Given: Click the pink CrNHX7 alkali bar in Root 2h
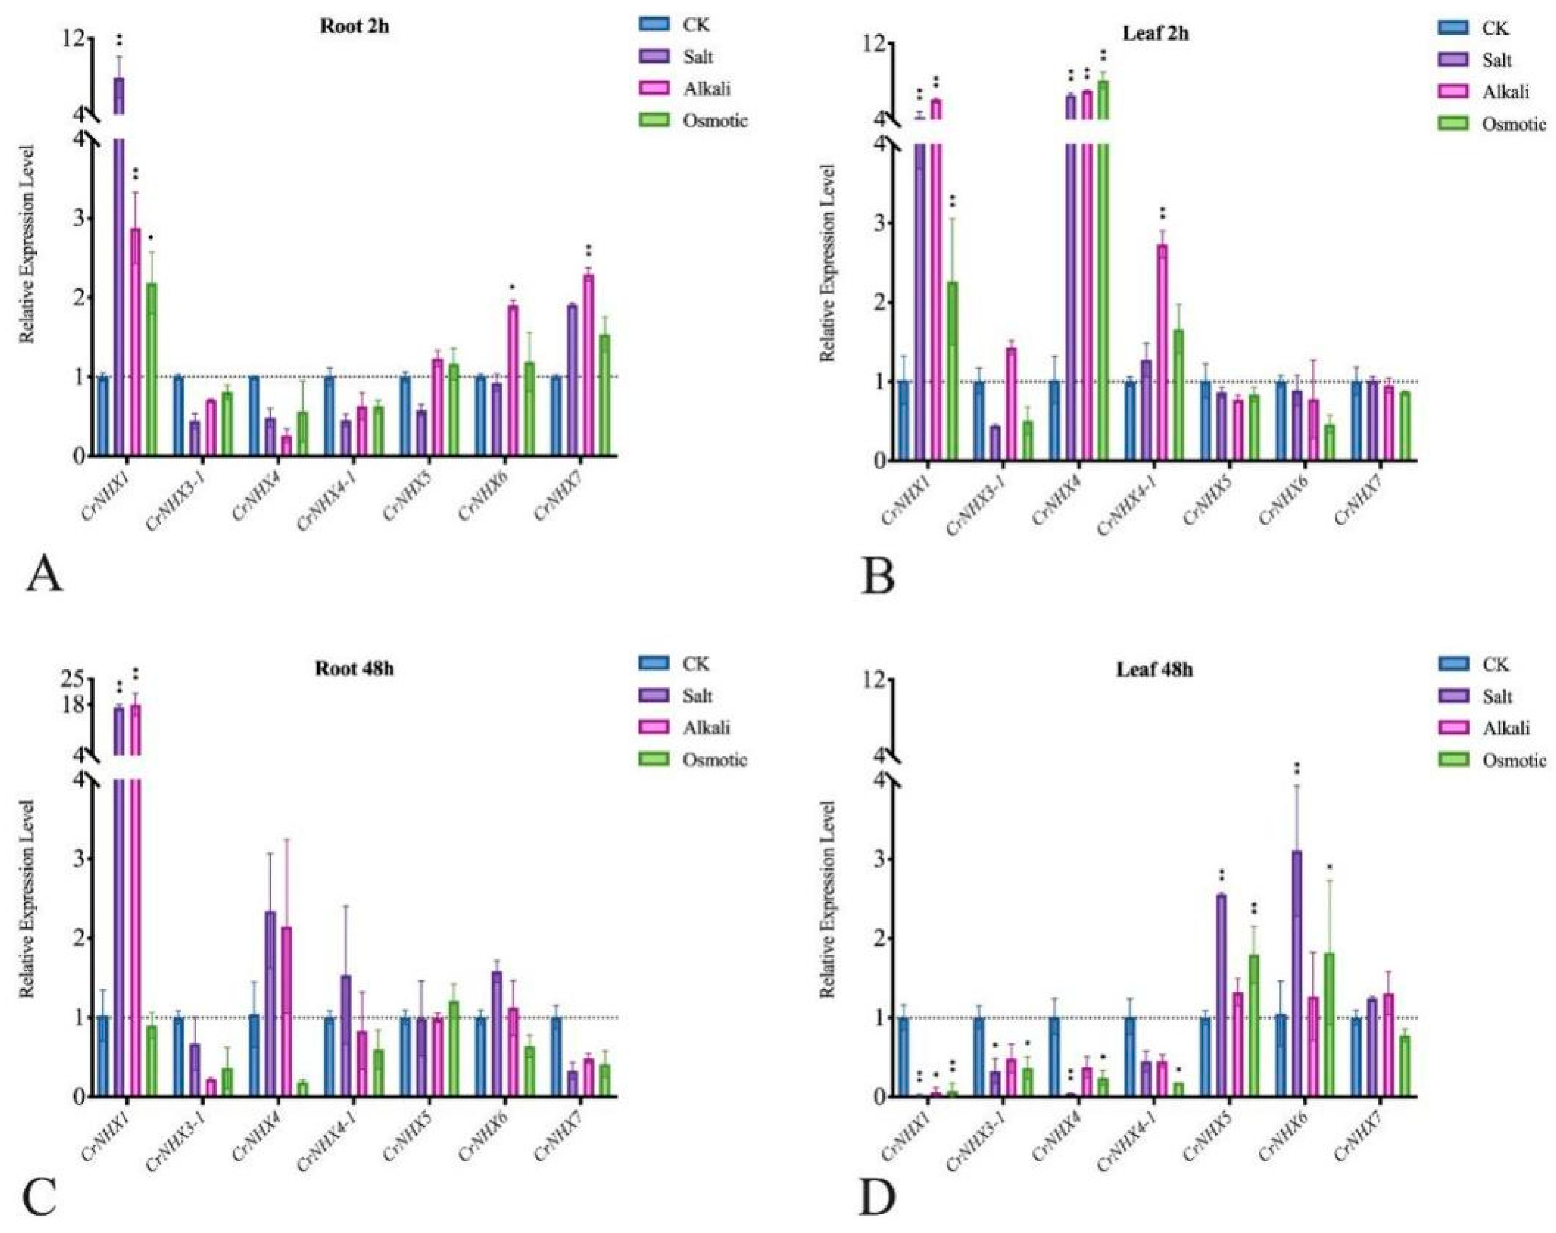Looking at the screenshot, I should click(x=588, y=364).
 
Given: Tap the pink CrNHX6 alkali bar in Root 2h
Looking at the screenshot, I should click(x=513, y=380).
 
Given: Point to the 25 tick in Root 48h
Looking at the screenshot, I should click(x=74, y=679).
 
